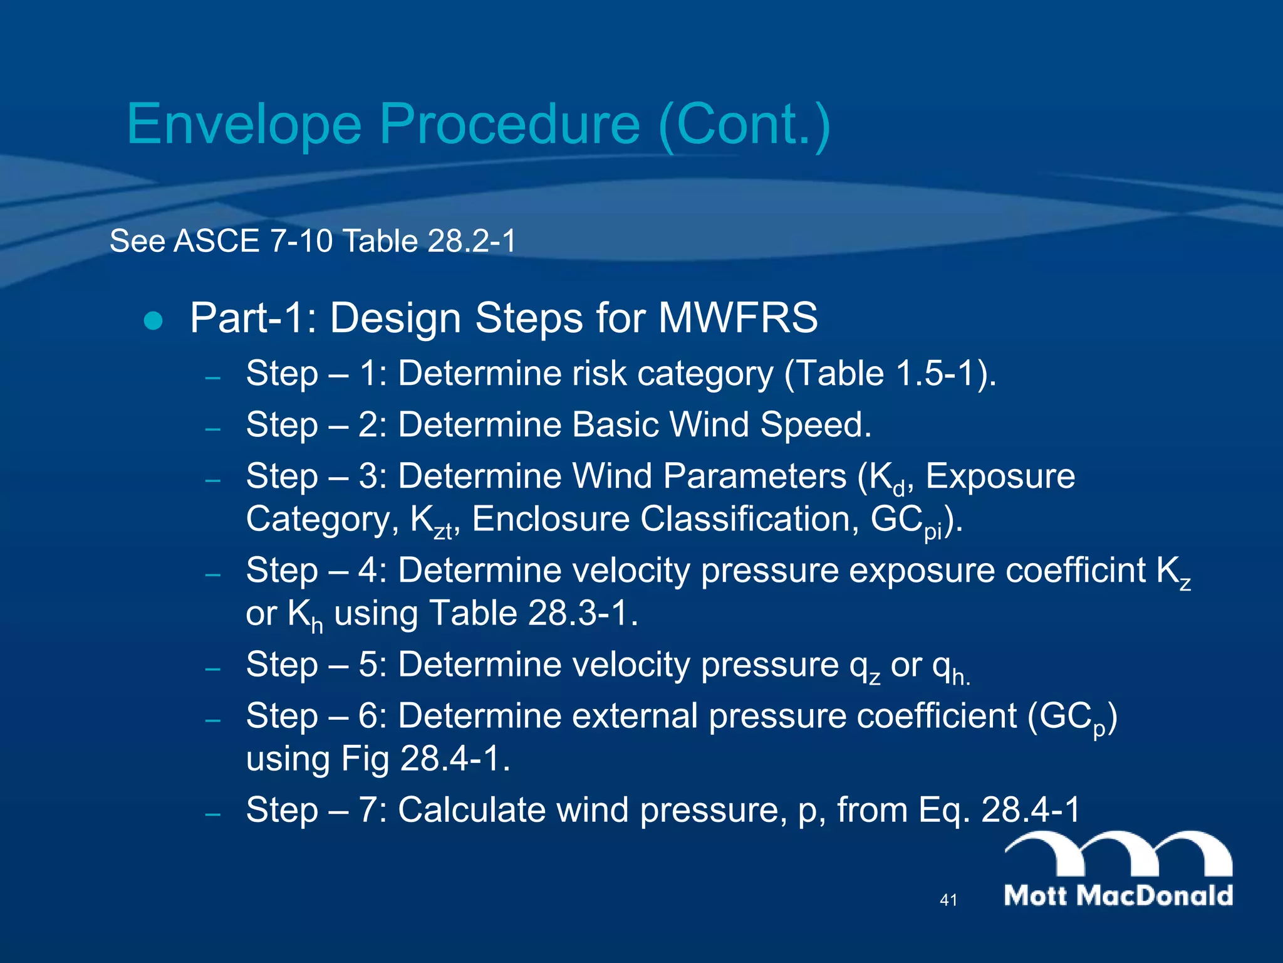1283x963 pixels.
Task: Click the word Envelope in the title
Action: click(244, 125)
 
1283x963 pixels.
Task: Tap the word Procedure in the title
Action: click(509, 125)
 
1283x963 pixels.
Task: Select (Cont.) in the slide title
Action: click(744, 125)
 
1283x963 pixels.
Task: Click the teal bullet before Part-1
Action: click(153, 321)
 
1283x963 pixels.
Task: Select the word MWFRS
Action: click(737, 318)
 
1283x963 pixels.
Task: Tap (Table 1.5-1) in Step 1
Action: click(889, 374)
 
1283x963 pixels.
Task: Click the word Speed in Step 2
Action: click(815, 425)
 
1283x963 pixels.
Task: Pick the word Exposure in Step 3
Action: click(1000, 476)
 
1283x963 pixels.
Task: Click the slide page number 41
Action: click(948, 900)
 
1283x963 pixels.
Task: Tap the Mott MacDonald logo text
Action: click(1118, 895)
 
